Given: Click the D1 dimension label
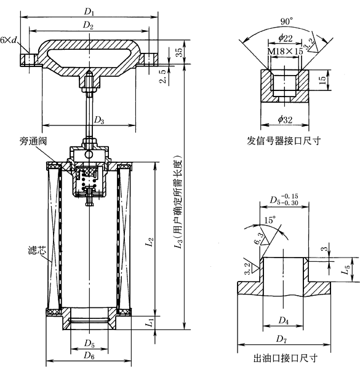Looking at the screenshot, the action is pyautogui.click(x=89, y=12).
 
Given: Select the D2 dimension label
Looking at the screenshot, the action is pyautogui.click(x=88, y=25).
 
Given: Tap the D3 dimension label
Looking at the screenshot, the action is pyautogui.click(x=99, y=120).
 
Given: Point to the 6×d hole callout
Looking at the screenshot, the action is pyautogui.click(x=9, y=40).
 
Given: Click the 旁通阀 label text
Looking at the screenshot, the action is pyautogui.click(x=33, y=141).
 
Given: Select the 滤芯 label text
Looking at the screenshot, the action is pyautogui.click(x=37, y=250).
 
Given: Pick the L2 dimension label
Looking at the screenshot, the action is pyautogui.click(x=150, y=242).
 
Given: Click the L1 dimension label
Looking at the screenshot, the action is pyautogui.click(x=150, y=323).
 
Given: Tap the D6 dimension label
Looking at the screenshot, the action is pyautogui.click(x=89, y=355).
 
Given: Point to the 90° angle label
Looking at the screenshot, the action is pyautogui.click(x=287, y=22).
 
